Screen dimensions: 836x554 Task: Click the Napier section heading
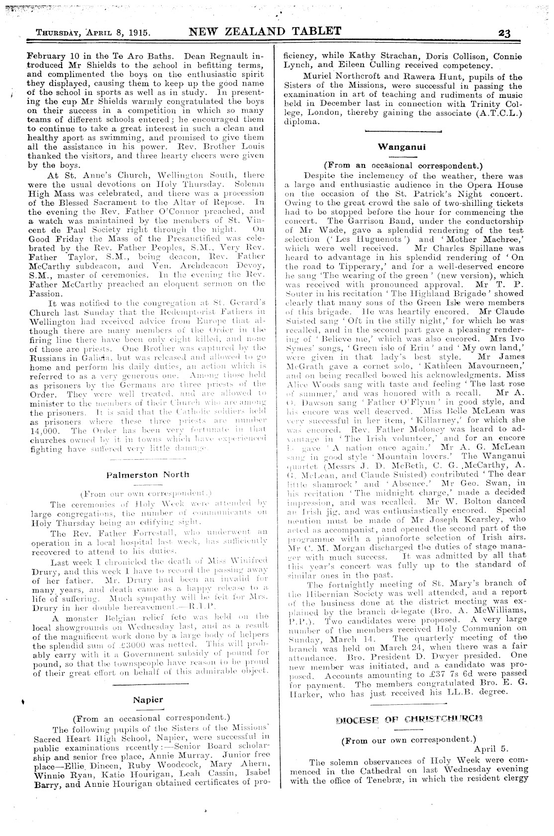point(148,700)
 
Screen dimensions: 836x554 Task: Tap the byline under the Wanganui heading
point(403,165)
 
